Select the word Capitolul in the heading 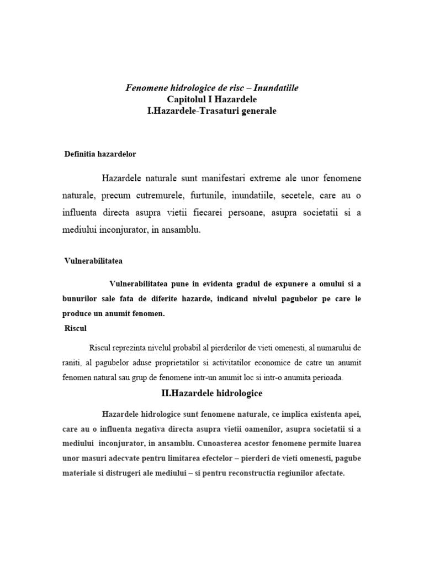pyautogui.click(x=188, y=99)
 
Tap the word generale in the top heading pyautogui.click(x=254, y=111)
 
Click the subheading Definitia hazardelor pyautogui.click(x=100, y=154)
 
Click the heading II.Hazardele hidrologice pyautogui.click(x=211, y=394)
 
